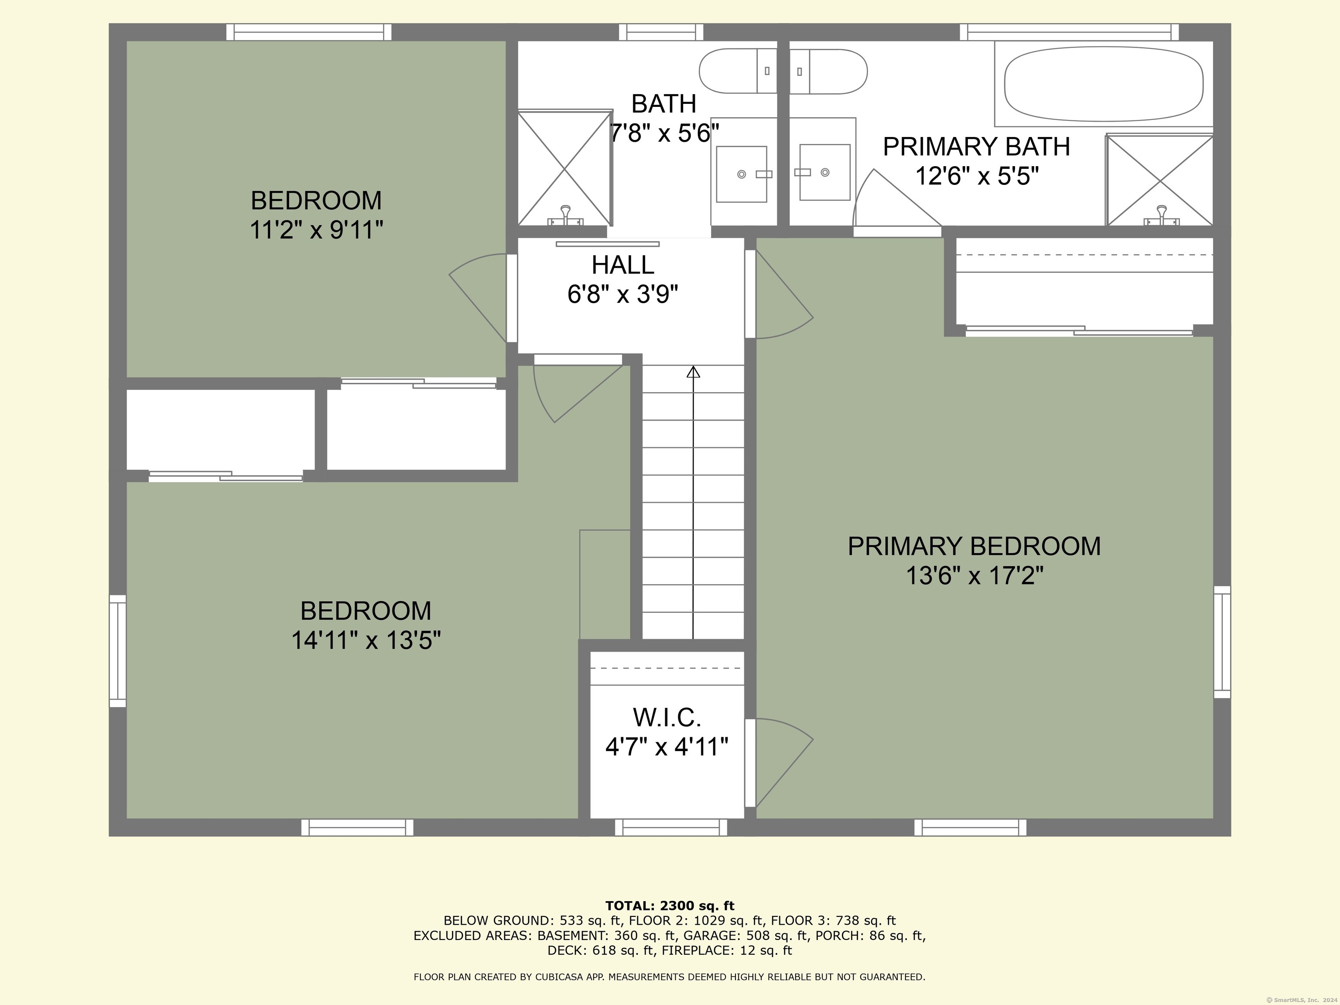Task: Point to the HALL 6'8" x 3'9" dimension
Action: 623,294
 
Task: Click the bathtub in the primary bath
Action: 1104,84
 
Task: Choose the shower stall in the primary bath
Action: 1159,180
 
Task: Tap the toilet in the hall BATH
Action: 738,71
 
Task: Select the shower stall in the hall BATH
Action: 564,168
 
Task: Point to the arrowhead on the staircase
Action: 693,371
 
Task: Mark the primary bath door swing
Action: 896,198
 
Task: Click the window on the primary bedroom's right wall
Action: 1222,642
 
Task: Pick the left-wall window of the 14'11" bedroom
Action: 117,651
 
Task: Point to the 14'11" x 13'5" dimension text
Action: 366,640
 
